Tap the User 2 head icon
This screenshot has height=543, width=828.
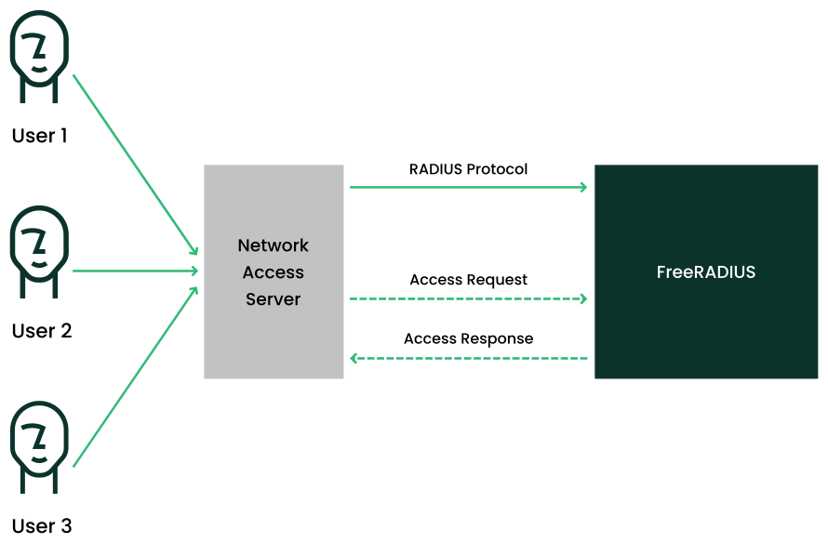pyautogui.click(x=39, y=249)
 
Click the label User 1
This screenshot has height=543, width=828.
pyautogui.click(x=40, y=136)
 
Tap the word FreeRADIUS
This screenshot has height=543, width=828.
pyautogui.click(x=706, y=272)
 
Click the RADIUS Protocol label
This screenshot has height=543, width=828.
pyautogui.click(x=468, y=169)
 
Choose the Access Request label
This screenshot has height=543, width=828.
pyautogui.click(x=468, y=280)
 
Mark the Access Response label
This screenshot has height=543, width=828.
pyautogui.click(x=468, y=338)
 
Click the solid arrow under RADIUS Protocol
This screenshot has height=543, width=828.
pyautogui.click(x=468, y=188)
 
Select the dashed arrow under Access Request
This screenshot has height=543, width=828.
pyautogui.click(x=468, y=299)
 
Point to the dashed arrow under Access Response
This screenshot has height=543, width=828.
pyautogui.click(x=468, y=358)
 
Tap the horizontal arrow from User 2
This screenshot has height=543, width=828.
pyautogui.click(x=135, y=271)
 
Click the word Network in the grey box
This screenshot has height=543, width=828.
pyautogui.click(x=274, y=245)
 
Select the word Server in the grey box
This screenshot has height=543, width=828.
pyautogui.click(x=274, y=299)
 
